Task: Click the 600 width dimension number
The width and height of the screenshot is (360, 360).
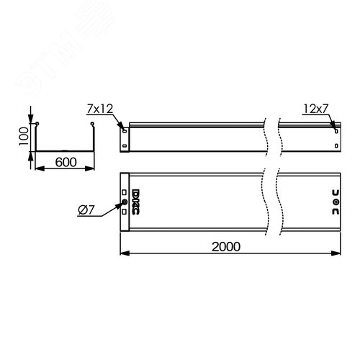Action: click(x=66, y=163)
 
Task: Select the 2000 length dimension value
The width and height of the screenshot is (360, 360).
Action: click(x=228, y=246)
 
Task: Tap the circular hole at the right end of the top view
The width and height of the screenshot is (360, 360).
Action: click(x=334, y=204)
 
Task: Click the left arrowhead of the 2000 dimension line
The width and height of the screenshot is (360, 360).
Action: click(x=122, y=253)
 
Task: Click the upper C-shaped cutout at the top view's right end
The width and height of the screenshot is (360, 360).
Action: click(x=334, y=193)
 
